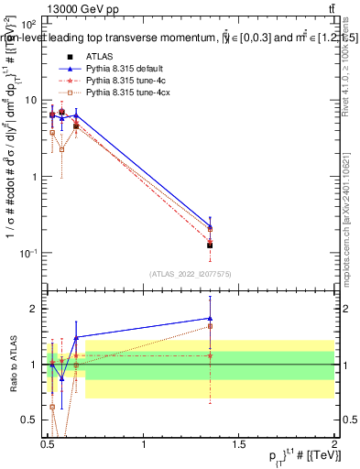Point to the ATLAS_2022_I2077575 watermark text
click(x=191, y=274)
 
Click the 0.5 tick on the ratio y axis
click(x=27, y=420)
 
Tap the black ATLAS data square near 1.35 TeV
click(x=210, y=245)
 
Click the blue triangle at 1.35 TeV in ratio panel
click(x=210, y=318)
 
